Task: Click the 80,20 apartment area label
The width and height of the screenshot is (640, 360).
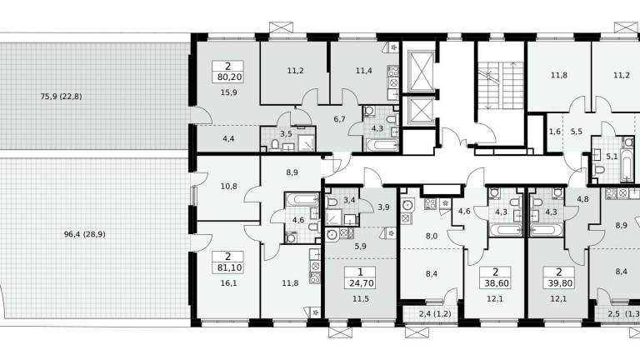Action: pyautogui.click(x=227, y=77)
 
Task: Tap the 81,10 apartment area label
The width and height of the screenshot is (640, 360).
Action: pyautogui.click(x=227, y=267)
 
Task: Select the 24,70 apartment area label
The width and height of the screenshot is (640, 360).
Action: pyautogui.click(x=360, y=283)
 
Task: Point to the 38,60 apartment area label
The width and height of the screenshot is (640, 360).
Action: pyautogui.click(x=495, y=283)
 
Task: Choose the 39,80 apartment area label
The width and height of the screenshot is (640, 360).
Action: pyautogui.click(x=559, y=283)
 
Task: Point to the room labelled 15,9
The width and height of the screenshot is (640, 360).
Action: pyautogui.click(x=228, y=92)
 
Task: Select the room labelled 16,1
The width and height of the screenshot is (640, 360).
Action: pyautogui.click(x=228, y=283)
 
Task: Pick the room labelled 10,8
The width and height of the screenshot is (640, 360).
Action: pyautogui.click(x=228, y=187)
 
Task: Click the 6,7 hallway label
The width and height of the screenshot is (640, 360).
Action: pyautogui.click(x=340, y=119)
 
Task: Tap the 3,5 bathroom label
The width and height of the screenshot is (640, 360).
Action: pyautogui.click(x=286, y=133)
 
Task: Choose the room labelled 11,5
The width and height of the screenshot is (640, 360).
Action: pyautogui.click(x=361, y=299)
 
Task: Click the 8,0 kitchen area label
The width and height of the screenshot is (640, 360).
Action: pyautogui.click(x=432, y=236)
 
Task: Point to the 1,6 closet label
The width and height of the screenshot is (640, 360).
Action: pyautogui.click(x=555, y=132)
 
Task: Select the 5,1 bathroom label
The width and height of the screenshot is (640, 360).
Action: pyautogui.click(x=612, y=157)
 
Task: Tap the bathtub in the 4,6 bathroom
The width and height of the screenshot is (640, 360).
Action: pyautogui.click(x=302, y=200)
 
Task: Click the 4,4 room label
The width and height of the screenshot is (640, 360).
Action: pyautogui.click(x=228, y=139)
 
